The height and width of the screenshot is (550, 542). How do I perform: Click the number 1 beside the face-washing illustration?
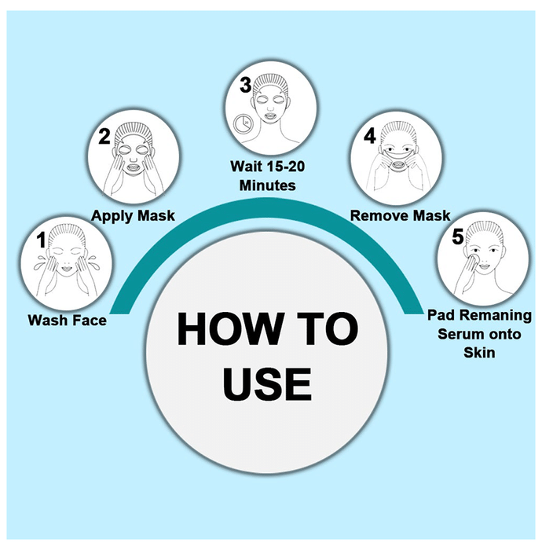42,240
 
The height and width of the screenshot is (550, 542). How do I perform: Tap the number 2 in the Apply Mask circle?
104,136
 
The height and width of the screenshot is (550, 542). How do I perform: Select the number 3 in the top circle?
245,85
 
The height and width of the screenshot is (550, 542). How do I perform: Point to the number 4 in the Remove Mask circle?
369,136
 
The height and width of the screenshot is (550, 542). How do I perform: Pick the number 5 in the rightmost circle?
457,236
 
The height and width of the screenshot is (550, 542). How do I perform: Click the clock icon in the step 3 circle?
242,123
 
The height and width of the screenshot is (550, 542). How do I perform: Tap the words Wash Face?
68,321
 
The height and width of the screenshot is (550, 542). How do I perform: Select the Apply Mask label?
133,216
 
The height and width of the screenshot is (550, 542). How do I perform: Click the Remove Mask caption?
401,215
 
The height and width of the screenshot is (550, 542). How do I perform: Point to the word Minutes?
268,185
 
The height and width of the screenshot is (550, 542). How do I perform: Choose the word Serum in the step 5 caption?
457,334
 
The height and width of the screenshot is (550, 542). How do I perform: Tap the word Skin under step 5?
479,353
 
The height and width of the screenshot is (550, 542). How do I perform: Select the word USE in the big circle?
267,384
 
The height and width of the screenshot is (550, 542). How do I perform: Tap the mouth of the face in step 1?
67,269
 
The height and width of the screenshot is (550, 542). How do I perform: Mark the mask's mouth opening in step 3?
269,115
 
